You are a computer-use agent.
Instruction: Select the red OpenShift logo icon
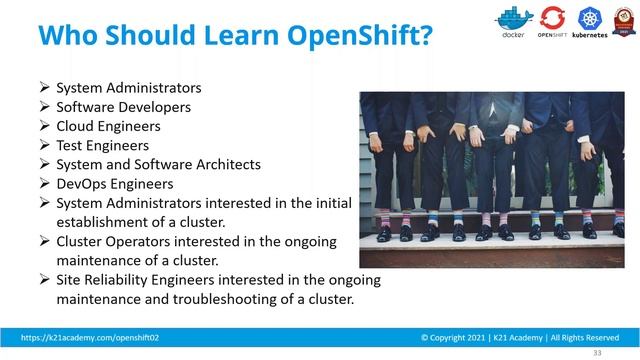pos(552,18)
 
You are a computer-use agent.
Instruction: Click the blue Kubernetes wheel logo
pos(589,18)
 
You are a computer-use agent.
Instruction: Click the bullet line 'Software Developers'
pos(123,107)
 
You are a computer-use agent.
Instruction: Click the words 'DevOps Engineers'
pos(114,183)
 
